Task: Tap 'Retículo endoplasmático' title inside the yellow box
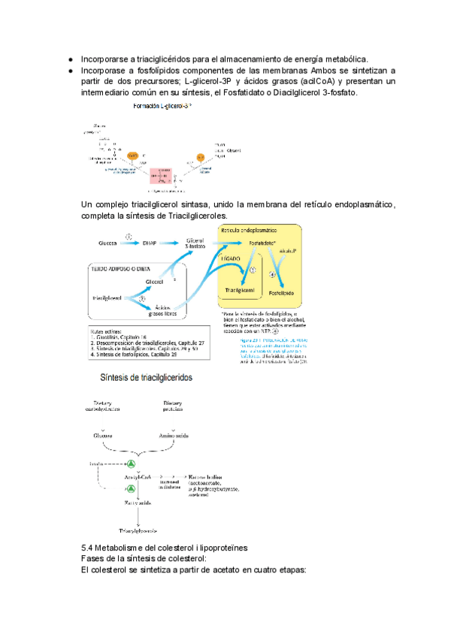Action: (x=249, y=229)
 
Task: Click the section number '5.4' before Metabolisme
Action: (x=88, y=545)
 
